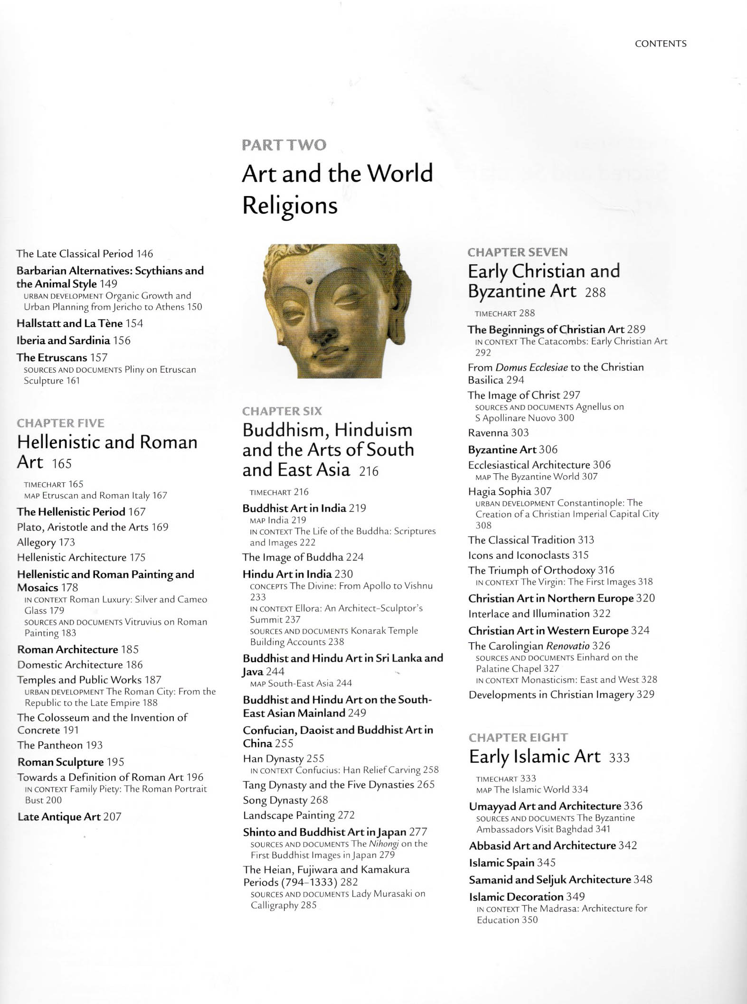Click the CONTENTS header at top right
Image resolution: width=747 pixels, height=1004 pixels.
click(x=661, y=44)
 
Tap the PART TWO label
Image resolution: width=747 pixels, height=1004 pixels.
click(x=284, y=145)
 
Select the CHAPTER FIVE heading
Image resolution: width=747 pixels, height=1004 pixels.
click(x=60, y=423)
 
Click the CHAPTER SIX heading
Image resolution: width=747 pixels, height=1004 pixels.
click(x=282, y=411)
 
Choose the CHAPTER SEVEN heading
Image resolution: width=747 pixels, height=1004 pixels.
click(x=517, y=252)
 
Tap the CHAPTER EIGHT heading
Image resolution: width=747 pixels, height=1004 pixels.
click(x=518, y=737)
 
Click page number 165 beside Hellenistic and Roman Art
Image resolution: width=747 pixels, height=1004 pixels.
click(x=62, y=464)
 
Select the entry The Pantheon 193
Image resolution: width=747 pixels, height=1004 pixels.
click(x=60, y=745)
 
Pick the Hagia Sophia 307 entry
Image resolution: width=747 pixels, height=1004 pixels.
click(x=510, y=491)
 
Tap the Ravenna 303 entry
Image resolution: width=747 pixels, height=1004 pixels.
click(x=498, y=432)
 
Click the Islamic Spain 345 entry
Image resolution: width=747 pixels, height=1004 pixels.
click(x=512, y=862)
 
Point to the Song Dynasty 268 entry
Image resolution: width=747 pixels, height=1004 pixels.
click(x=285, y=800)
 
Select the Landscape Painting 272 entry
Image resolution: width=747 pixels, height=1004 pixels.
click(x=299, y=815)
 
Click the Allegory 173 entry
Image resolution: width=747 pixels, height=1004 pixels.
click(x=46, y=542)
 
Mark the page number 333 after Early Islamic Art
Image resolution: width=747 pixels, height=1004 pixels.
click(x=619, y=758)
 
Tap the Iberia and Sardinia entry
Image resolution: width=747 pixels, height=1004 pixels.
click(x=73, y=340)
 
